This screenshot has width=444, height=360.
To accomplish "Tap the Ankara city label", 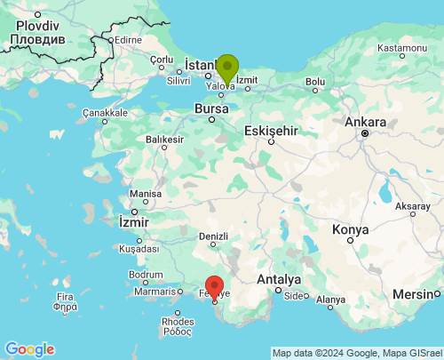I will pos(366,123).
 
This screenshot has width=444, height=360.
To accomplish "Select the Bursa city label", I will pos(211,108).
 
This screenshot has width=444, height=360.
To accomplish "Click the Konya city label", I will pos(350,229).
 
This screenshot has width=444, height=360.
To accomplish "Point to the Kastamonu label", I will pos(402,47).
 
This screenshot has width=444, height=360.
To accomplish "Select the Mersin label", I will pos(416,294).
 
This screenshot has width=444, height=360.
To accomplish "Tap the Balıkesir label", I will pos(164,140).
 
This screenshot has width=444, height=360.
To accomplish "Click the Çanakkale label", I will pos(106,113).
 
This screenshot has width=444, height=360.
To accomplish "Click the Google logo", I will pos(29,349).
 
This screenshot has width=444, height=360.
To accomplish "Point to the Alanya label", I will pos(330,300).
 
